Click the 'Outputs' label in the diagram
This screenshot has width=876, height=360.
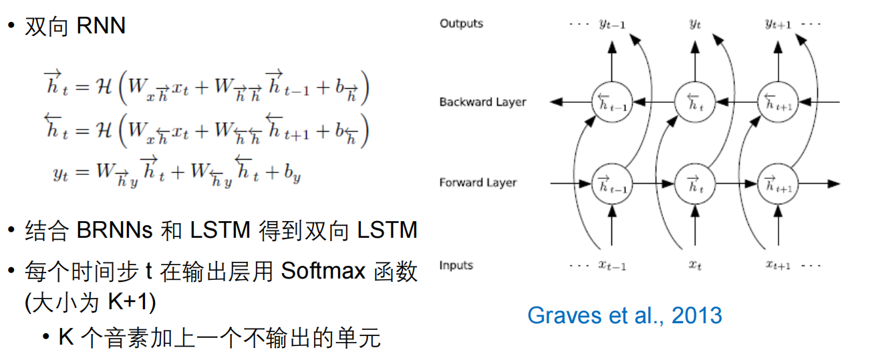[461, 24]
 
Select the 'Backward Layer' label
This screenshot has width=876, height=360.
[482, 102]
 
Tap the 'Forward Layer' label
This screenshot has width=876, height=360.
[478, 182]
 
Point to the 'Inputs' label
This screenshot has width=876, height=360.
[456, 265]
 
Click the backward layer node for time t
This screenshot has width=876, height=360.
[695, 102]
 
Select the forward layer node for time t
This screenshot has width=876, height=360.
[695, 182]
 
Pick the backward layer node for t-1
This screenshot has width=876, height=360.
[611, 102]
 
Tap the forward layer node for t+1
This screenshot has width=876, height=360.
[778, 182]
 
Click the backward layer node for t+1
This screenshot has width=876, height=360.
[778, 102]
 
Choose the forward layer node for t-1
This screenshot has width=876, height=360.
[611, 182]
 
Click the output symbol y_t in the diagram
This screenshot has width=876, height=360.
[695, 25]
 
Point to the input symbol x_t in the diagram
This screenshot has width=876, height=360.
[695, 265]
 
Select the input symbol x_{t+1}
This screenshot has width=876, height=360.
[778, 265]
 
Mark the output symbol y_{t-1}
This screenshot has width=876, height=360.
[611, 25]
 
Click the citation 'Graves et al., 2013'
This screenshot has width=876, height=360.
[625, 315]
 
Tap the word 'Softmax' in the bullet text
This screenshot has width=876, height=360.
[323, 271]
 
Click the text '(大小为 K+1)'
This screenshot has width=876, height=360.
[90, 303]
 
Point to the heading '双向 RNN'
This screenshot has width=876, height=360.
[75, 27]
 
